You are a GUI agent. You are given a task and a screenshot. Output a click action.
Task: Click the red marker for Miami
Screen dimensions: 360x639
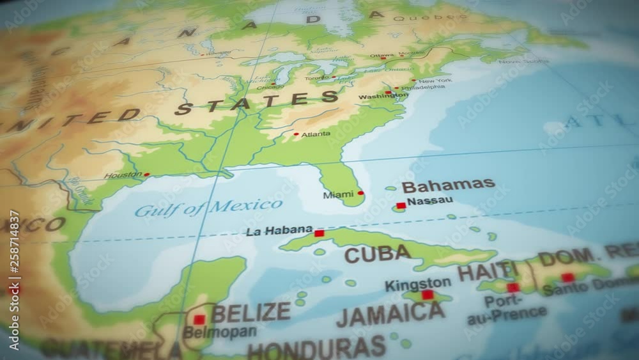tap(361, 192)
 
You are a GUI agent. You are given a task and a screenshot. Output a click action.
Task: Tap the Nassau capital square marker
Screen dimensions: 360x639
tap(401, 206)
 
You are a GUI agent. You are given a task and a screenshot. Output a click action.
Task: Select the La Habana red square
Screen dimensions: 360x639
tap(319, 233)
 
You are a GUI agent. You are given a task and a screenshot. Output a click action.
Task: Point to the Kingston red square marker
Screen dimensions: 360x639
tap(427, 295)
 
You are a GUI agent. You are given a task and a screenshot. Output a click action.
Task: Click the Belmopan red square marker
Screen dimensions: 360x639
tap(199, 319)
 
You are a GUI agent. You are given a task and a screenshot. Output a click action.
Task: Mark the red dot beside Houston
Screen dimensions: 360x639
tap(147, 174)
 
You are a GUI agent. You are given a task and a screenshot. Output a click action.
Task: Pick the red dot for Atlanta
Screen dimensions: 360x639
tap(296, 134)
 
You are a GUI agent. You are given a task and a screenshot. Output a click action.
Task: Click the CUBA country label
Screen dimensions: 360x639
tap(378, 254)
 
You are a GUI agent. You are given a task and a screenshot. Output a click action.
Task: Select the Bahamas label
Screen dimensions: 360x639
tap(448, 185)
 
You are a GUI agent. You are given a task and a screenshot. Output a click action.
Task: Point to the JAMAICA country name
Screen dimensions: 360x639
tap(390, 314)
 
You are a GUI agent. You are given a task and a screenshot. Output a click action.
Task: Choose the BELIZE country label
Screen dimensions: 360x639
tap(250, 313)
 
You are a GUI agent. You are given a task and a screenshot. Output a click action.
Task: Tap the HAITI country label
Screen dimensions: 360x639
tap(487, 271)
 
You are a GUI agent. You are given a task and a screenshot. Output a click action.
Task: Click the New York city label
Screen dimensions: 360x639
tap(436, 81)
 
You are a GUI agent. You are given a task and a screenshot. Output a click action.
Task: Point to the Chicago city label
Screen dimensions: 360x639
tap(270, 88)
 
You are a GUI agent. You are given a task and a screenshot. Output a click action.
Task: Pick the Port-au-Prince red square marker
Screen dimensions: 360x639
tap(512, 287)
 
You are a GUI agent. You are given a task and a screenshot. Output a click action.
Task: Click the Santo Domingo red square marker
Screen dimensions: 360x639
tap(567, 278)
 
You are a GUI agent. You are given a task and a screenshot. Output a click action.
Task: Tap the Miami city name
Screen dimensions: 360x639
tap(338, 194)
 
